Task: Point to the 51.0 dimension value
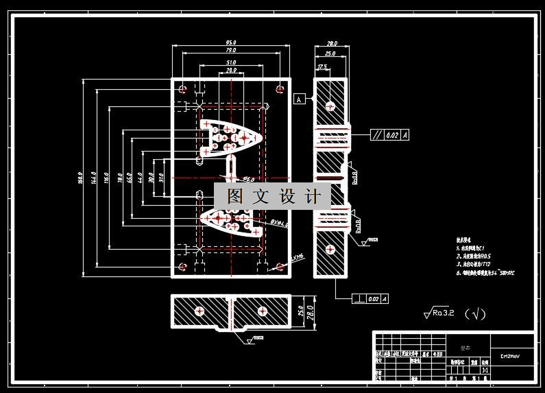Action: tap(231, 63)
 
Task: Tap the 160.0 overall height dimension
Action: tap(80, 178)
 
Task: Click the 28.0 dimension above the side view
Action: tap(331, 43)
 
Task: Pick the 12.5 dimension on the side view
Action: tap(322, 67)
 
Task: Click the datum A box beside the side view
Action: tap(299, 99)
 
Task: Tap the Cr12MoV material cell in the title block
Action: tap(509, 357)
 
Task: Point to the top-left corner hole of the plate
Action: tap(182, 89)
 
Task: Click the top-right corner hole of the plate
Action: tap(280, 88)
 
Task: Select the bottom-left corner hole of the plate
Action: tap(182, 267)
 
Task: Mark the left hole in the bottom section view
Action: tap(199, 311)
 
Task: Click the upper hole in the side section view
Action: tap(330, 106)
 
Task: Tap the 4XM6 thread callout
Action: tap(297, 257)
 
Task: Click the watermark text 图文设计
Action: tap(273, 197)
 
